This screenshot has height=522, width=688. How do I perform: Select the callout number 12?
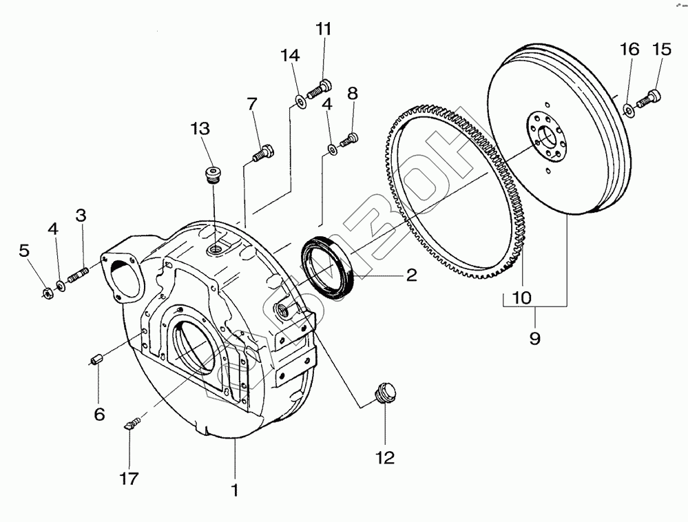(x=385, y=457)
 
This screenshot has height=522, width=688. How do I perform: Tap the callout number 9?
(x=535, y=338)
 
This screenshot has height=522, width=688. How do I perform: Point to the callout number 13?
(x=200, y=128)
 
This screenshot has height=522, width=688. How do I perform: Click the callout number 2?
(x=410, y=275)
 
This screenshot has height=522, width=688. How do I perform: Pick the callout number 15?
(x=661, y=50)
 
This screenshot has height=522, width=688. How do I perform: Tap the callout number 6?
(x=99, y=414)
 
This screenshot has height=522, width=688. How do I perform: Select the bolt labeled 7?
(x=263, y=152)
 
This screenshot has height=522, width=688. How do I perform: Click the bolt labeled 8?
(x=349, y=139)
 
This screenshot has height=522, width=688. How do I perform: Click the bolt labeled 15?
(x=649, y=98)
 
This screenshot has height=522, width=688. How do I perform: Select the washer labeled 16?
(x=628, y=108)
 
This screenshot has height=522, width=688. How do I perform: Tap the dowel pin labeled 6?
(x=98, y=359)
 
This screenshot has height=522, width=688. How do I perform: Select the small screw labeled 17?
(x=131, y=422)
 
